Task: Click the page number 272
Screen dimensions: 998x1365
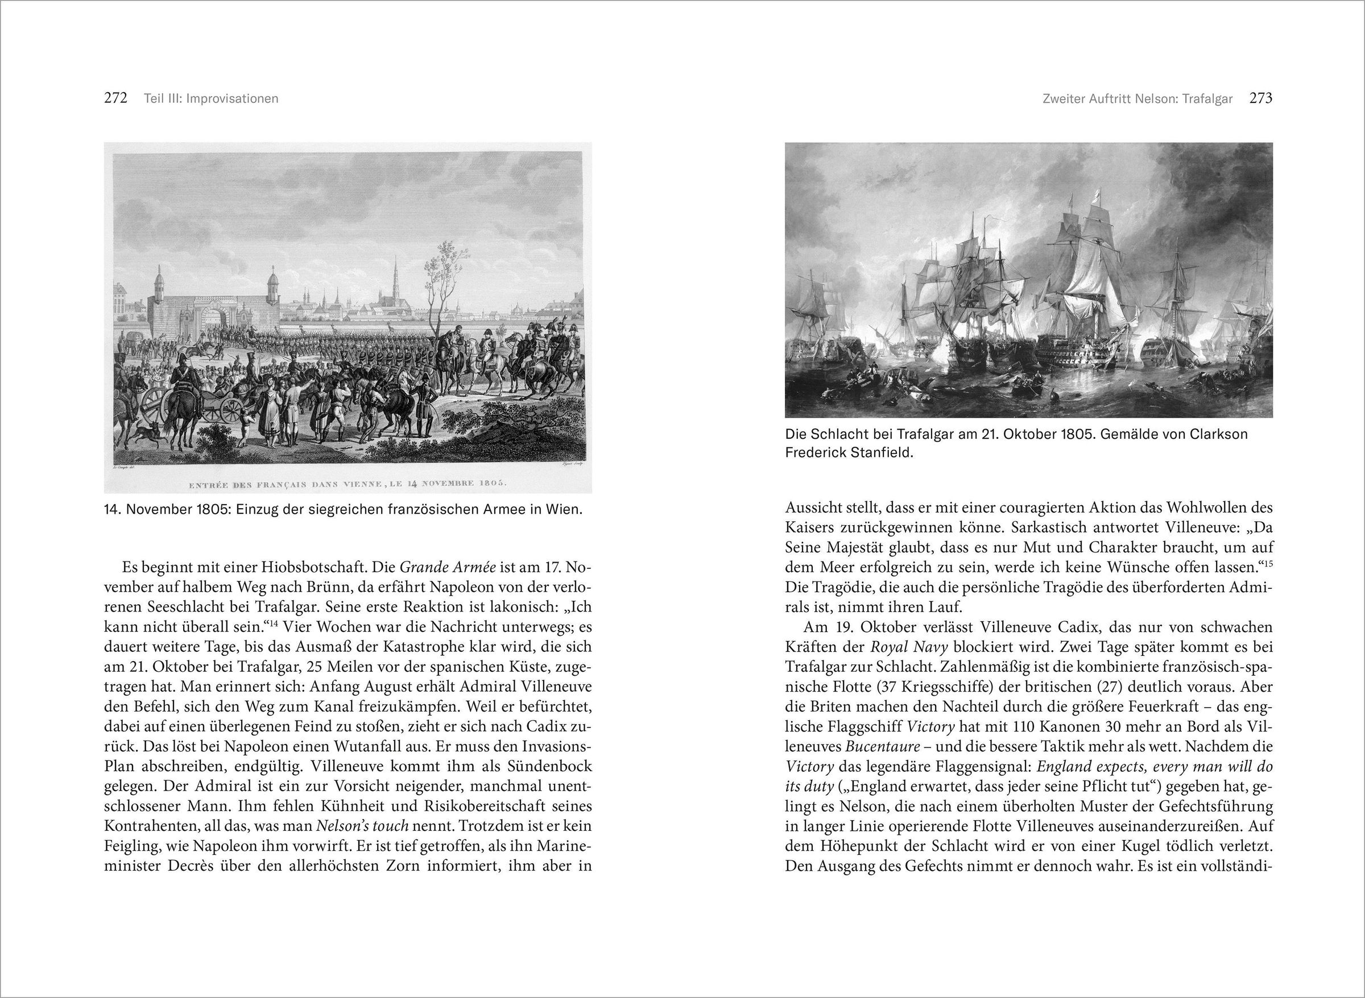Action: coord(115,98)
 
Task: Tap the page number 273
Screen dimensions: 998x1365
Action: coord(1261,98)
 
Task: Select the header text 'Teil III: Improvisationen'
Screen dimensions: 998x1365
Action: coord(211,98)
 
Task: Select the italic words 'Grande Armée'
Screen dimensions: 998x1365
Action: coord(448,567)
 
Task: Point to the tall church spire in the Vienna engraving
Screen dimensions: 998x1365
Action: coord(395,278)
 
